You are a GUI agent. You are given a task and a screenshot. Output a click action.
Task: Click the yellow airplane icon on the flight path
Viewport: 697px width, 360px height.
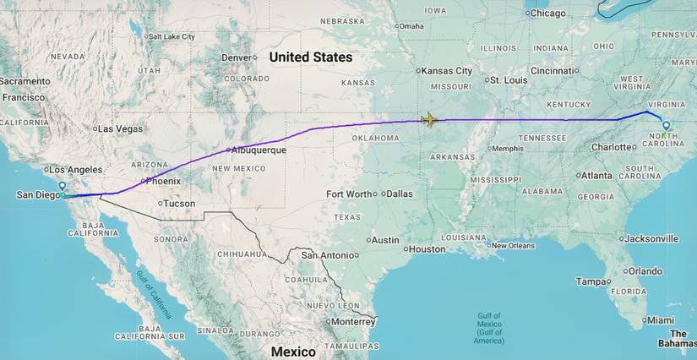pyautogui.click(x=429, y=119)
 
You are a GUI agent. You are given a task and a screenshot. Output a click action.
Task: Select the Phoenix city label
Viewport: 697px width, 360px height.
pyautogui.click(x=163, y=181)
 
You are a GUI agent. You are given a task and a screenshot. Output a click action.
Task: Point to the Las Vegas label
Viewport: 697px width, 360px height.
pyautogui.click(x=120, y=129)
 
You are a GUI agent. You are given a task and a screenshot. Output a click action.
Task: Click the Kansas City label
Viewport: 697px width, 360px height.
pyautogui.click(x=447, y=71)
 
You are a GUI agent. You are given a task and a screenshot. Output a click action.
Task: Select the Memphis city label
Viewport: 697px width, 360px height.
pyautogui.click(x=507, y=149)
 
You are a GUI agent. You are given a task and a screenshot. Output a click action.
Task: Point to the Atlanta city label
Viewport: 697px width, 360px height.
pyautogui.click(x=597, y=176)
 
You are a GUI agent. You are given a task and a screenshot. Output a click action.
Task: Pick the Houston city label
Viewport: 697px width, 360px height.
pyautogui.click(x=427, y=249)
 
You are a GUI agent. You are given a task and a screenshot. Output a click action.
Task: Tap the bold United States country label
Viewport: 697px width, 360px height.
pyautogui.click(x=310, y=57)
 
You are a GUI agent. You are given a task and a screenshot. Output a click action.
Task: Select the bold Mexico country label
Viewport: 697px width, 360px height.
pyautogui.click(x=293, y=351)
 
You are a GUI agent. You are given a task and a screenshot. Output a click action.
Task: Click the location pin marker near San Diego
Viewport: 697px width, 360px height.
pyautogui.click(x=62, y=185)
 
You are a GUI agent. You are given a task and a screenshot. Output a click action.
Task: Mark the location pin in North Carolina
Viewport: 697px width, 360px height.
pyautogui.click(x=666, y=125)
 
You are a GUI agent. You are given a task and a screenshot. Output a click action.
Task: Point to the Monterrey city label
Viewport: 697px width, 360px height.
pyautogui.click(x=352, y=322)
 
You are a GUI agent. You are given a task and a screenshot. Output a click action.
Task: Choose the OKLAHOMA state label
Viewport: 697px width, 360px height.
pyautogui.click(x=375, y=138)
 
